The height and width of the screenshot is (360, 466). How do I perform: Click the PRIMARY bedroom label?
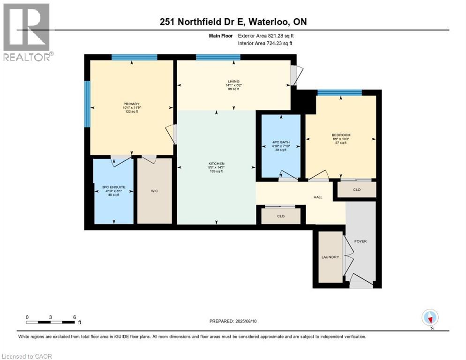(x=132, y=104)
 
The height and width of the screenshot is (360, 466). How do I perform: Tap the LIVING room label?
(x=233, y=82)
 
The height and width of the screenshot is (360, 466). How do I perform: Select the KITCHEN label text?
(x=217, y=164)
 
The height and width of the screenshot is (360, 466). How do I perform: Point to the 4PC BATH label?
(x=281, y=142)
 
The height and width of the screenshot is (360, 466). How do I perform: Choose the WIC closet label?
(x=155, y=191)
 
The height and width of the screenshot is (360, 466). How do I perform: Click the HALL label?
(x=318, y=197)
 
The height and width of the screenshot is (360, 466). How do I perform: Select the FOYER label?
(x=361, y=241)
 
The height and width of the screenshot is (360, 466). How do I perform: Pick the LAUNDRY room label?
(x=330, y=257)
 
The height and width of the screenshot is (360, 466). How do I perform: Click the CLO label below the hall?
(x=281, y=216)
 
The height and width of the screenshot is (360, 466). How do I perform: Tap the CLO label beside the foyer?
(x=356, y=190)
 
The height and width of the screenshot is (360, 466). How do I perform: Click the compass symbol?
(x=430, y=317)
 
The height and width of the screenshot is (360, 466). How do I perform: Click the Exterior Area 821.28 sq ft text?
(x=265, y=36)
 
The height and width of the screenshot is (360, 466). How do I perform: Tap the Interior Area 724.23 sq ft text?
(x=265, y=44)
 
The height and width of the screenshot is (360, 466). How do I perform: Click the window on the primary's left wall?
(x=87, y=104)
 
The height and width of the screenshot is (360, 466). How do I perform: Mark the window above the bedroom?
(x=339, y=92)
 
